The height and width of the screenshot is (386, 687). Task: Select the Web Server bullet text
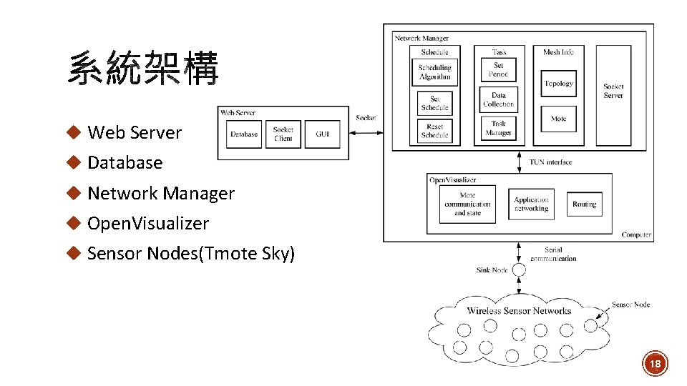(135, 133)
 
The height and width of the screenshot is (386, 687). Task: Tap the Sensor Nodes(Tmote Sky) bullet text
(190, 254)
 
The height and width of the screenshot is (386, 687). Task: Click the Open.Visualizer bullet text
(147, 224)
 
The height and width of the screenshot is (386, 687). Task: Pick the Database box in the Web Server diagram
(244, 134)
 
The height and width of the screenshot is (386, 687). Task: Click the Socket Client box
(283, 134)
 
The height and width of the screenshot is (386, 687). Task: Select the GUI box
(322, 134)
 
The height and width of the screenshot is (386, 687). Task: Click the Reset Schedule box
(434, 131)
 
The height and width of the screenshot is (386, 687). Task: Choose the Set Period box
(498, 70)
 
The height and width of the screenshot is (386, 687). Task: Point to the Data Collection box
(498, 100)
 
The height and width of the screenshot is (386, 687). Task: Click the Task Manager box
(498, 129)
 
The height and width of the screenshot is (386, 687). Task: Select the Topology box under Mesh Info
(558, 84)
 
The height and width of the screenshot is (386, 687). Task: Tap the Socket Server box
(613, 91)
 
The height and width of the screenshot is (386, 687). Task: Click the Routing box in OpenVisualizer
(584, 204)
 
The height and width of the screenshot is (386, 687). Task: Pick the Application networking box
(531, 204)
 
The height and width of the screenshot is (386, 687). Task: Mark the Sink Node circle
(519, 270)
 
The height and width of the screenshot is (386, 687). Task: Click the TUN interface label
(550, 162)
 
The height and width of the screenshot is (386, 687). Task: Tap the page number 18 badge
(655, 365)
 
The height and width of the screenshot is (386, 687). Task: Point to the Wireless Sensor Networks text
(519, 311)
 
